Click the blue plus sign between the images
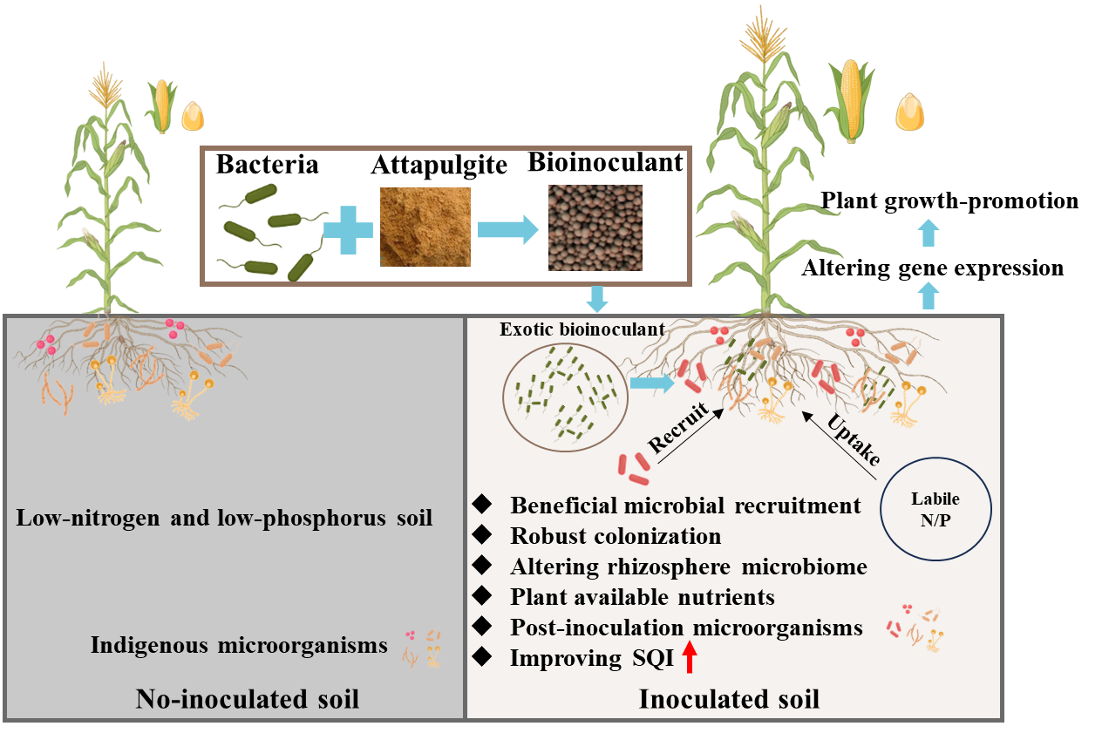click(x=349, y=229)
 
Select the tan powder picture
click(x=425, y=227)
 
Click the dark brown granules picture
click(x=595, y=227)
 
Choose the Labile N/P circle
click(x=936, y=508)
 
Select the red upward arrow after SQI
click(x=690, y=656)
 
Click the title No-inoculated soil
click(x=248, y=699)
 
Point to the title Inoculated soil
click(x=729, y=699)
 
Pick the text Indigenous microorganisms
click(x=239, y=646)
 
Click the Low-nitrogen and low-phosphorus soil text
click(x=224, y=518)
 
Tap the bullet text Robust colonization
click(x=616, y=536)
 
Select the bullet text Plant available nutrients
click(x=643, y=597)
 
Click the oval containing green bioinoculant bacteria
click(x=564, y=397)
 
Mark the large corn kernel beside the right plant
click(x=911, y=112)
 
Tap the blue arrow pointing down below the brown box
click(x=597, y=299)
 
